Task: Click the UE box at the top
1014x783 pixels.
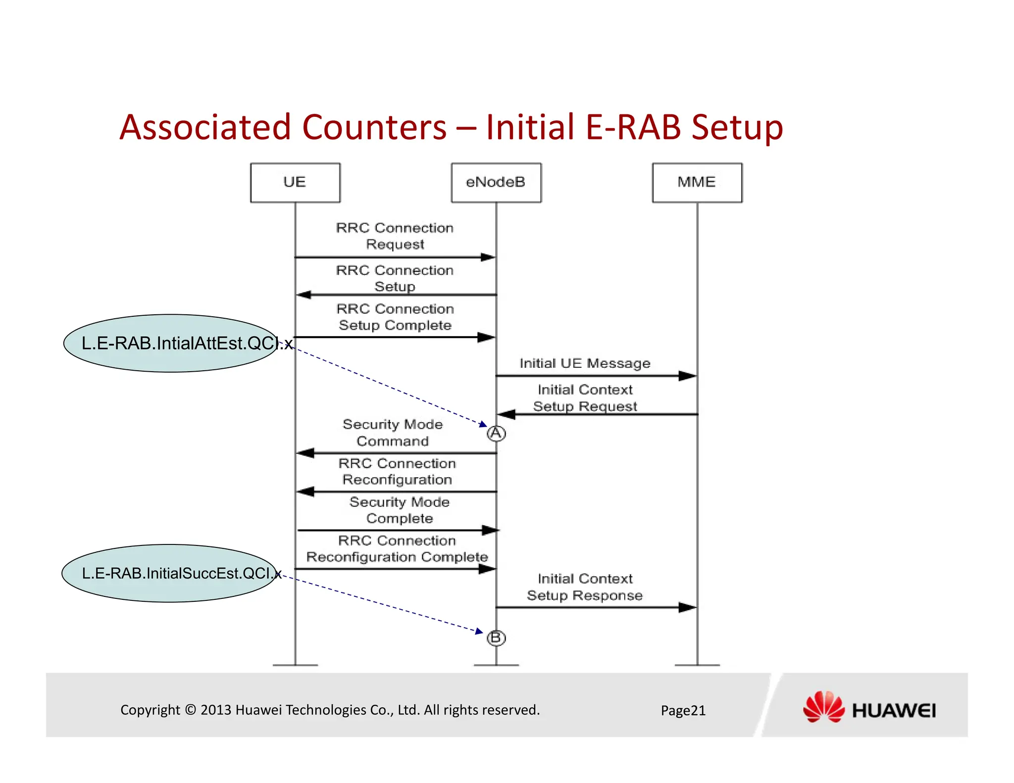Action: pos(295,183)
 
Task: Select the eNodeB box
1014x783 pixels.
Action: pos(496,183)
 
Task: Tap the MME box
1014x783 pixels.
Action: pos(697,183)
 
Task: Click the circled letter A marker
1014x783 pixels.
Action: pos(496,434)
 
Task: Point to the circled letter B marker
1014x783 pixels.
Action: pos(496,638)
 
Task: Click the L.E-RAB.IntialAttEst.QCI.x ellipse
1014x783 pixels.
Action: pos(171,343)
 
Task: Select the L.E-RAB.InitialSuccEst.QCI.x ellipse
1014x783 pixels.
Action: pos(169,573)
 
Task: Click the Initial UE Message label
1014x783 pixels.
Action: pos(585,363)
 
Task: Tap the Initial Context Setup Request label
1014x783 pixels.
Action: pos(585,398)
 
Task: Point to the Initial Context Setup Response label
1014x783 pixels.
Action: pos(585,587)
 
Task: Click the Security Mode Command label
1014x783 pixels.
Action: pos(393,433)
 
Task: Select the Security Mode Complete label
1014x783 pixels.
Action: pos(400,510)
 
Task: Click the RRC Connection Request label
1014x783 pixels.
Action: pos(395,236)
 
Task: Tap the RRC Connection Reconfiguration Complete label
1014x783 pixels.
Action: pos(397,549)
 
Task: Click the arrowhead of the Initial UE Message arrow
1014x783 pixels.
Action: pos(688,376)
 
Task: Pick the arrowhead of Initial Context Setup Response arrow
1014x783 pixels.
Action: pos(688,607)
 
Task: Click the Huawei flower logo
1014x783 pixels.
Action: pos(823,707)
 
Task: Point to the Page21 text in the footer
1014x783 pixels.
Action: pos(683,711)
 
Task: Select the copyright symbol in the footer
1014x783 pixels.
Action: pos(191,710)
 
